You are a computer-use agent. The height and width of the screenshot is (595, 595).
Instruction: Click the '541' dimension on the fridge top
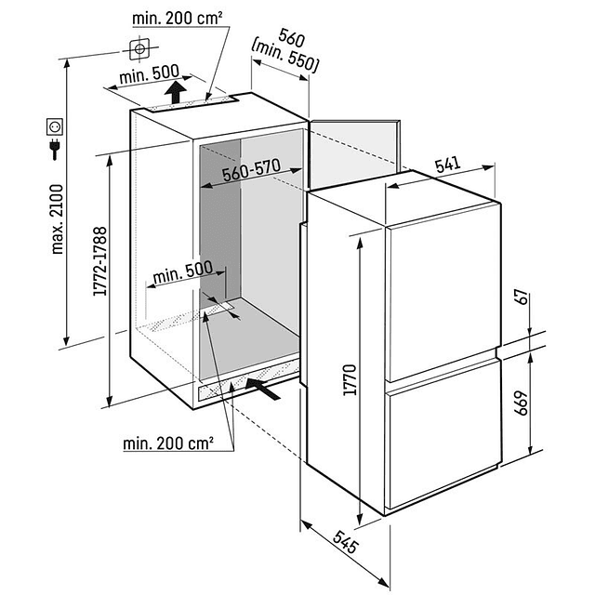(x=447, y=165)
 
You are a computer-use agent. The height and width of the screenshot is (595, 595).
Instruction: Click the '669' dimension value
(x=522, y=404)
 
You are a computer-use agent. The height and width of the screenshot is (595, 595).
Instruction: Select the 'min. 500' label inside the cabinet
(x=183, y=270)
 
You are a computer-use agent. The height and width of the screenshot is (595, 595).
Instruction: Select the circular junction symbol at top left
(x=139, y=46)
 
